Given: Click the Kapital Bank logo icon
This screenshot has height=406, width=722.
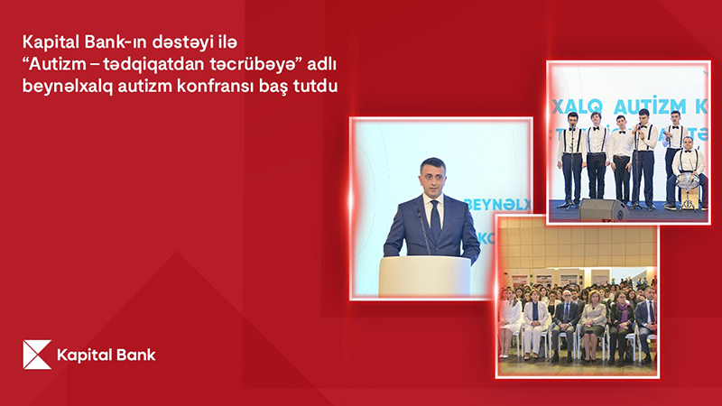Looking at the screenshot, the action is [x=37, y=355].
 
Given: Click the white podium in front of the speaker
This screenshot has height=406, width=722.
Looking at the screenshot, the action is [x=424, y=276].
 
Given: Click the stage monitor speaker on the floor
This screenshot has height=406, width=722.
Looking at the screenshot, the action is [x=603, y=209].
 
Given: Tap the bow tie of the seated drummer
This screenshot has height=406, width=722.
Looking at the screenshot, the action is [x=688, y=150].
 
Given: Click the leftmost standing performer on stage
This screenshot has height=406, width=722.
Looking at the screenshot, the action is [x=571, y=160].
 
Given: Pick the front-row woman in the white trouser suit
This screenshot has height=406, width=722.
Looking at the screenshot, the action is [x=534, y=324].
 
